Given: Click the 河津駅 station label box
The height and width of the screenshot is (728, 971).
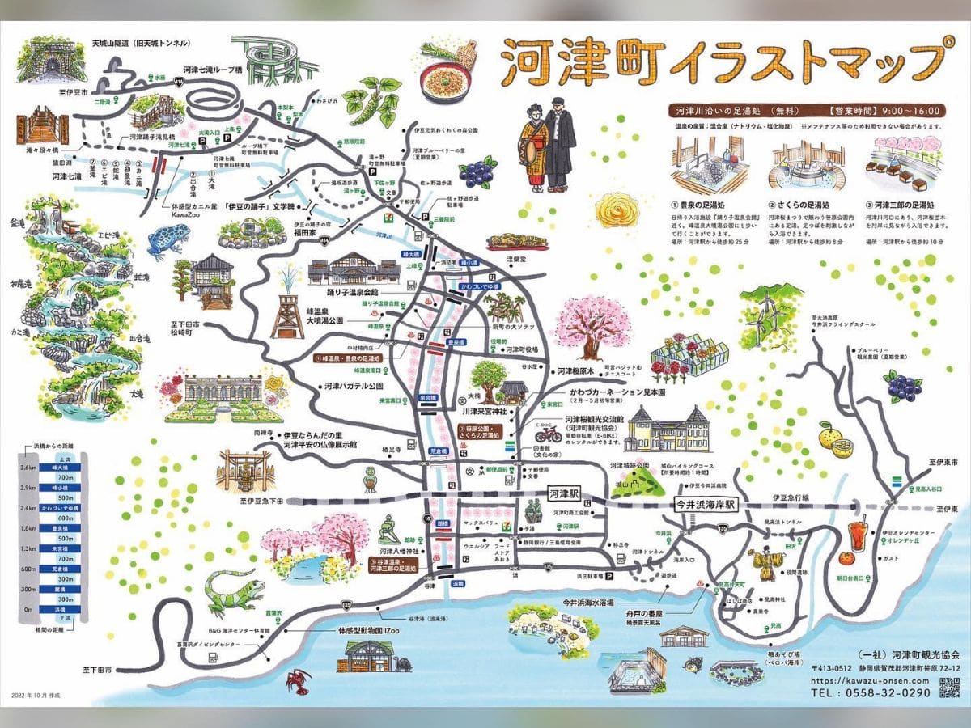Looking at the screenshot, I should pos(564,492).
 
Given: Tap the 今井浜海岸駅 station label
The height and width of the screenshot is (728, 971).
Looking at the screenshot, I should pos(706,503).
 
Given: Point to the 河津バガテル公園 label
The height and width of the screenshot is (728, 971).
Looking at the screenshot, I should pos(353,386).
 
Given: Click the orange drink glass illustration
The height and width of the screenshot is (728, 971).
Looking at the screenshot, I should pos(858,535).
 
